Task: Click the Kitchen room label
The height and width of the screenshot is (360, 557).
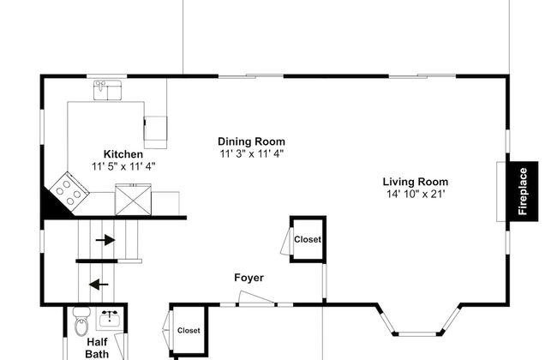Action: click(123, 154)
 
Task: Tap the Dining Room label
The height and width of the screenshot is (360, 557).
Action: click(251, 141)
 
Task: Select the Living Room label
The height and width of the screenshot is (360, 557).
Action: click(416, 182)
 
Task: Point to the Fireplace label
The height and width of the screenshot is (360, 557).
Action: click(523, 191)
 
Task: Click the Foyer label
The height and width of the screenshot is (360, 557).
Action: click(249, 278)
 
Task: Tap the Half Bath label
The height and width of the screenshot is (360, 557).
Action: click(97, 348)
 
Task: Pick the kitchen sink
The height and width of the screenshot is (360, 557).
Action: click(108, 90)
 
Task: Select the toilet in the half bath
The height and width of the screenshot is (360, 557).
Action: click(81, 321)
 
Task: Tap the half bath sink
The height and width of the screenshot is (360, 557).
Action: click(110, 319)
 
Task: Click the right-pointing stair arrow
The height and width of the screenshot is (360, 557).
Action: click(105, 240)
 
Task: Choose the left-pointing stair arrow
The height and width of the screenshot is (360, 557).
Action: click(99, 285)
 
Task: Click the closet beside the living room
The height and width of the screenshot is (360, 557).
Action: click(308, 239)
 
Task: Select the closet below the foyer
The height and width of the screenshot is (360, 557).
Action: click(189, 330)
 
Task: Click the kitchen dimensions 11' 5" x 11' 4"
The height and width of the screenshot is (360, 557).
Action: click(123, 166)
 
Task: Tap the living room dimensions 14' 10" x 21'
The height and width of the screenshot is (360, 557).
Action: click(416, 194)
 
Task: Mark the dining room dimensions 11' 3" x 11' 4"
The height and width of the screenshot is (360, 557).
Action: click(251, 154)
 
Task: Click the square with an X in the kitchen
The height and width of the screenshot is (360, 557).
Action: click(133, 200)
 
